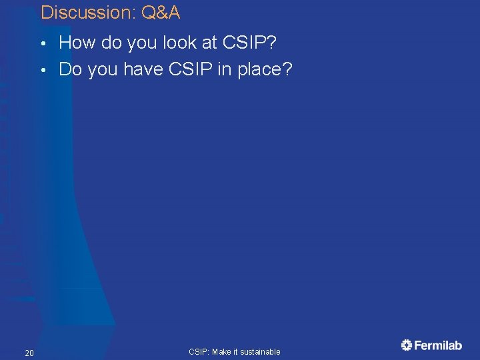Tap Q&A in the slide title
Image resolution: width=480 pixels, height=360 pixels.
pyautogui.click(x=161, y=12)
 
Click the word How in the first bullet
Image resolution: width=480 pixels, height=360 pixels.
pyautogui.click(x=77, y=43)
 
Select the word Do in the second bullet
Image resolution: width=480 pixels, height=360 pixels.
pyautogui.click(x=69, y=69)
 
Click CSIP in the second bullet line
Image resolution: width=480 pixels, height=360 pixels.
pyautogui.click(x=185, y=69)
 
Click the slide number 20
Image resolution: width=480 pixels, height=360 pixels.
pyautogui.click(x=29, y=352)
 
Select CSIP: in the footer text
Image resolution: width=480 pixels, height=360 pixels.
pyautogui.click(x=199, y=351)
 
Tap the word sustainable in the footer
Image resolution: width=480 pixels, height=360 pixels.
pyautogui.click(x=261, y=351)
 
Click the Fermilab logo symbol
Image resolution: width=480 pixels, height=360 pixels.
pyautogui.click(x=407, y=345)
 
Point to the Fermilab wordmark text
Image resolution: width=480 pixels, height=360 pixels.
pyautogui.click(x=438, y=345)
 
